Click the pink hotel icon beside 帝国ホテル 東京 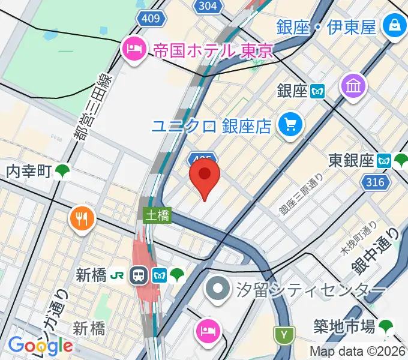132,49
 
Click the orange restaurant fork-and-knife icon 82,218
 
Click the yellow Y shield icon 283,334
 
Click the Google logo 40,346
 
